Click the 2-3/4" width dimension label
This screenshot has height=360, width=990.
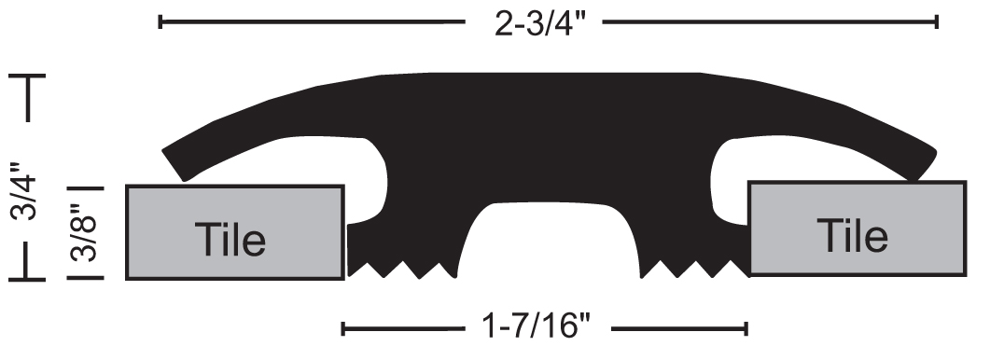point(540,24)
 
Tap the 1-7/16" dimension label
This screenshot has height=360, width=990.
point(536,327)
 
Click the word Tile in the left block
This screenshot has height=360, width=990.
point(230,240)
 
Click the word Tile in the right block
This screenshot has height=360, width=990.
point(852,235)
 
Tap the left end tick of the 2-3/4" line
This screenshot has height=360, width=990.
point(160,22)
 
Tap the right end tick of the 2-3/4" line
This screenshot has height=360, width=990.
point(937,22)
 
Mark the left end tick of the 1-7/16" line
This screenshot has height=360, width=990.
point(342,328)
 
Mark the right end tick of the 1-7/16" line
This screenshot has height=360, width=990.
point(746,328)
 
